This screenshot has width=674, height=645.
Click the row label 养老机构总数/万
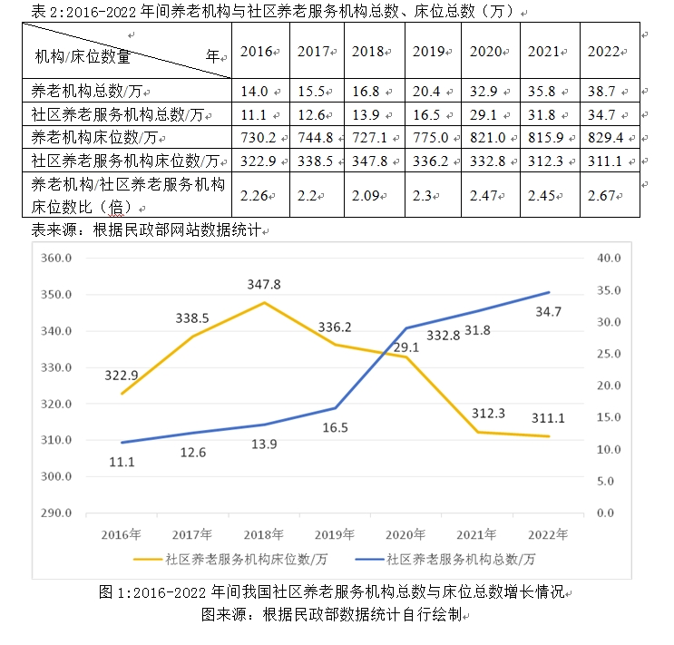click(88, 91)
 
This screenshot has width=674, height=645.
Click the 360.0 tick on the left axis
click(57, 259)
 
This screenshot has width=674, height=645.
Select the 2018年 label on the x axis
click(264, 533)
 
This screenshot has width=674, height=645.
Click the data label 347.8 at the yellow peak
click(264, 284)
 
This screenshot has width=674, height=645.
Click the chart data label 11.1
click(122, 462)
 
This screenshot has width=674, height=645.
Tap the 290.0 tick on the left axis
click(57, 513)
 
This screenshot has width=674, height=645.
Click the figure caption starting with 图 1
click(333, 592)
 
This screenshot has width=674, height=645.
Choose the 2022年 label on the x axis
click(550, 533)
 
